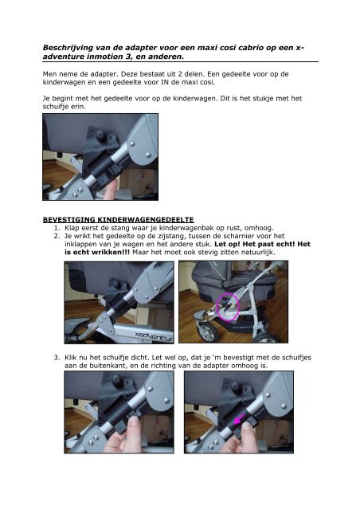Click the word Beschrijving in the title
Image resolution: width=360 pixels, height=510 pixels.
[x=68, y=48]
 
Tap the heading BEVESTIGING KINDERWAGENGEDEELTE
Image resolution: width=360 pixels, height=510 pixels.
[x=119, y=220]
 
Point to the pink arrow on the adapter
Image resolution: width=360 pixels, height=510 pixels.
[x=240, y=419]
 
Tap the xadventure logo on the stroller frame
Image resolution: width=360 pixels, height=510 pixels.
[x=155, y=335]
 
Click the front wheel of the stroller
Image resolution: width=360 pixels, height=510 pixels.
[x=208, y=331]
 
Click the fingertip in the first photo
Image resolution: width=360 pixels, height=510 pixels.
[x=111, y=188]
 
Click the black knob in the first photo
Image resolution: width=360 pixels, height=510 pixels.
[x=102, y=134]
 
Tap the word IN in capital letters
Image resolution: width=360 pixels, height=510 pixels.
[x=165, y=82]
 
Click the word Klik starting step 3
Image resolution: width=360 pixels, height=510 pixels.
[x=71, y=358]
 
